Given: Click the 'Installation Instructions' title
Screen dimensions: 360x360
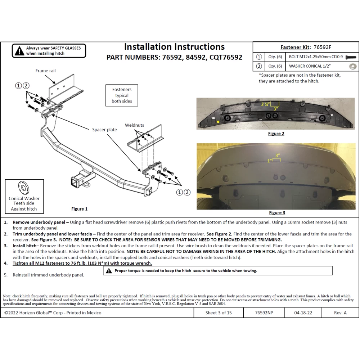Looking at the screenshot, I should (174, 47).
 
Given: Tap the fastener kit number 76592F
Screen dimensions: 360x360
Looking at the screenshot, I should (322, 47).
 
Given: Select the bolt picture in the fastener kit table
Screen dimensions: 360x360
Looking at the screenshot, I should (351, 57).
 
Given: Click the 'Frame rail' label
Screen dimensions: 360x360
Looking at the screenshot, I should (45, 71).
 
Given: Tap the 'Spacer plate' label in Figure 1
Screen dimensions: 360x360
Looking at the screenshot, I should (104, 130).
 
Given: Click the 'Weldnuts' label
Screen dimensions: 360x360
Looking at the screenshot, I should (134, 125).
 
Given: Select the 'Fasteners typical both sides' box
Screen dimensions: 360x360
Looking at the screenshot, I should (122, 95).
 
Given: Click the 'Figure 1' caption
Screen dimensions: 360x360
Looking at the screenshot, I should (79, 209).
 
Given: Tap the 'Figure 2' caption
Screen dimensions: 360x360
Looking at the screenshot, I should (276, 134).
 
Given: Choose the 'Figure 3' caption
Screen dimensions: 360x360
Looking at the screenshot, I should (277, 213).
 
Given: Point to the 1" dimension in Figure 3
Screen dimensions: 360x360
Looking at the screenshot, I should (269, 161).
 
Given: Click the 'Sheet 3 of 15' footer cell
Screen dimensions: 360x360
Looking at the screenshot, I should (219, 313).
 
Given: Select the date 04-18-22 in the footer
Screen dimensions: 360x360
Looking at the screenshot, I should (303, 313).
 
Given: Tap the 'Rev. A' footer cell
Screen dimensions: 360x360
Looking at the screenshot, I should (340, 313).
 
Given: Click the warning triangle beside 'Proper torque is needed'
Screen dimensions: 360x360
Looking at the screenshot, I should (109, 271).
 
